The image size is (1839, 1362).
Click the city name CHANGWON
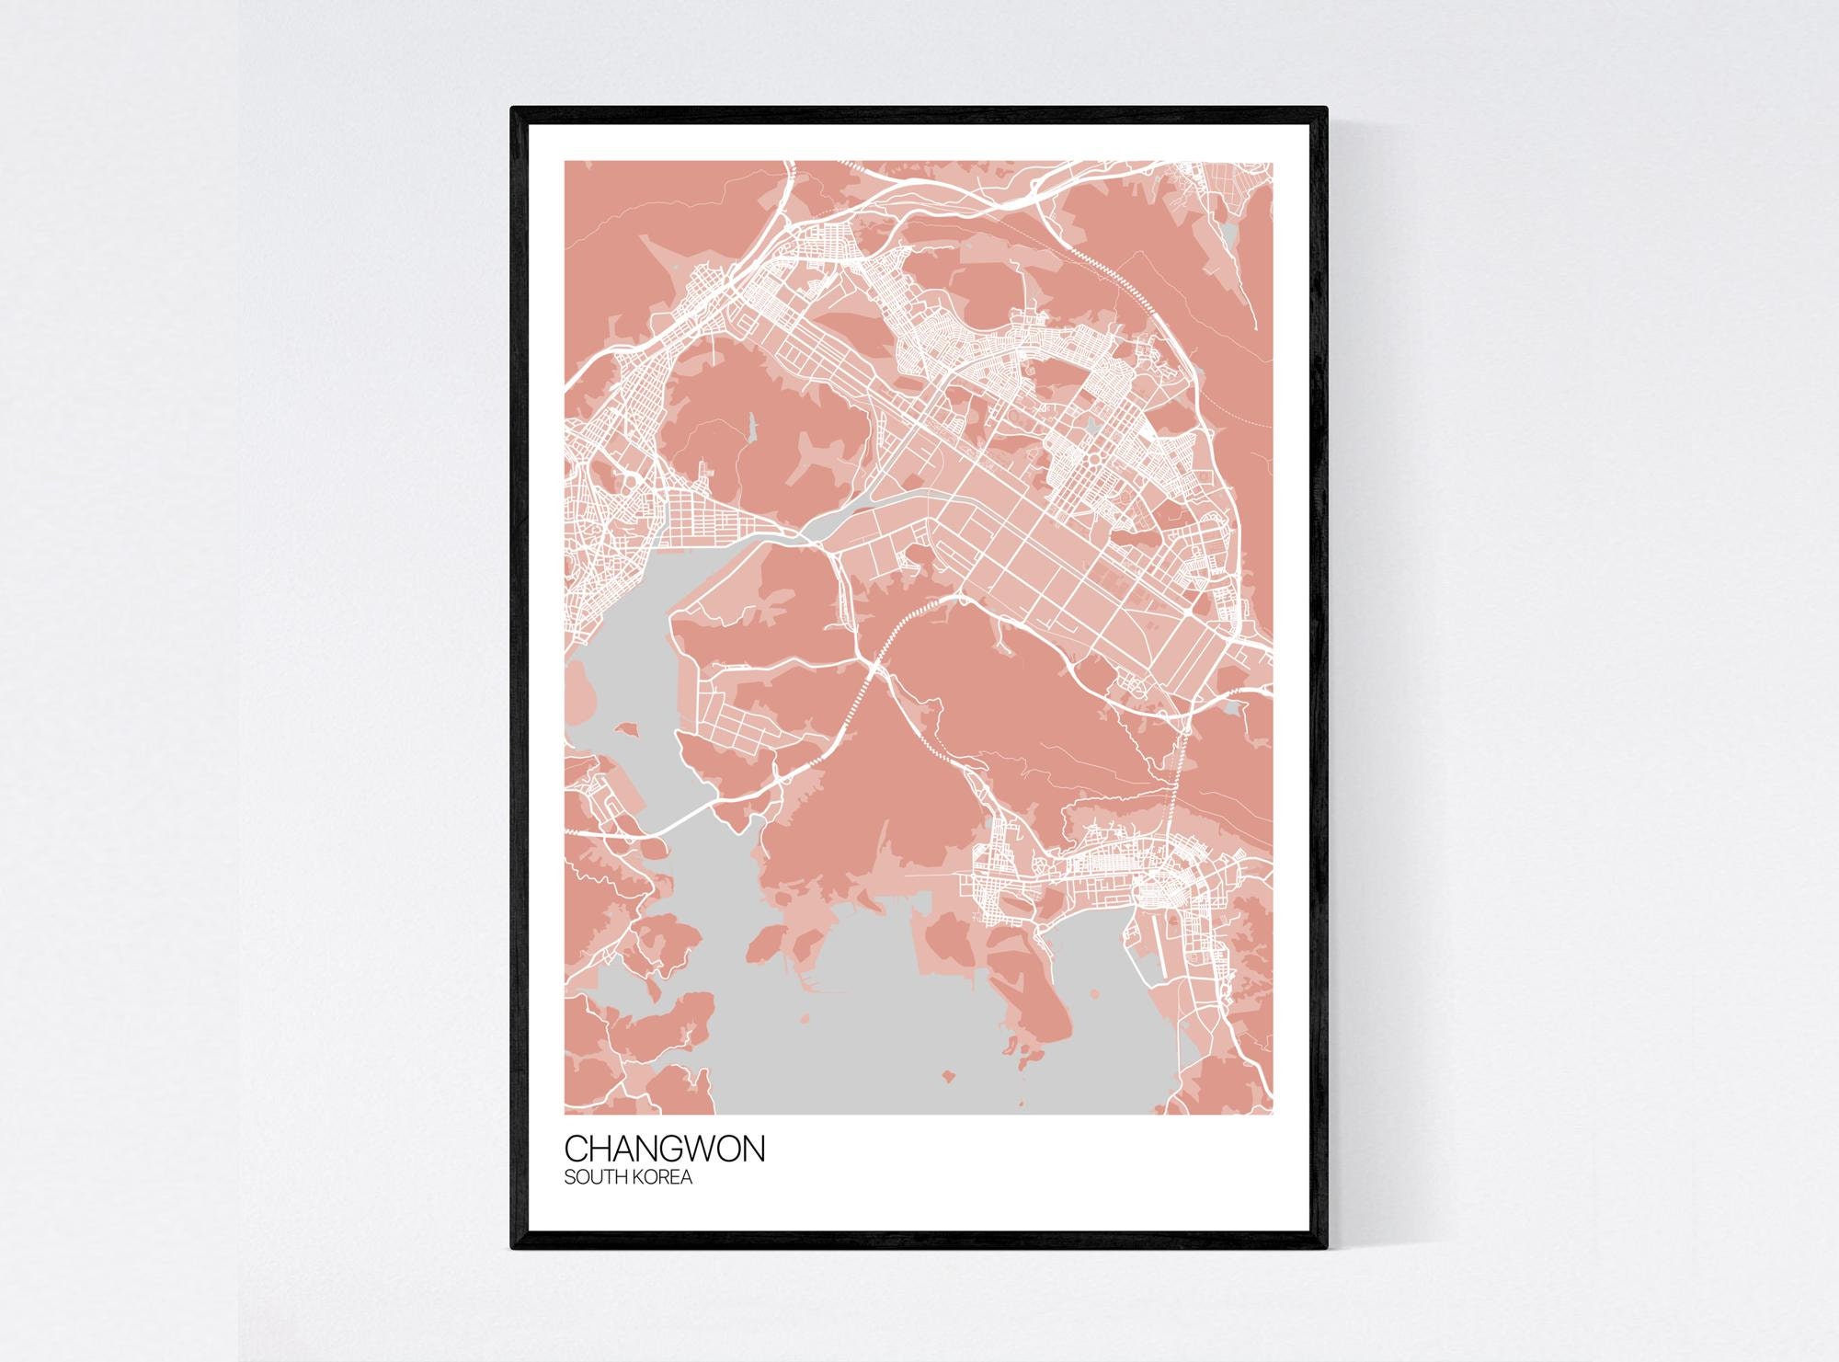(664, 1150)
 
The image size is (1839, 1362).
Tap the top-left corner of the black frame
(512, 109)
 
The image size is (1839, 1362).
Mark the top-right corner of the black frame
(1327, 109)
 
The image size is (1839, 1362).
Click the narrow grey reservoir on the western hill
(750, 428)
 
